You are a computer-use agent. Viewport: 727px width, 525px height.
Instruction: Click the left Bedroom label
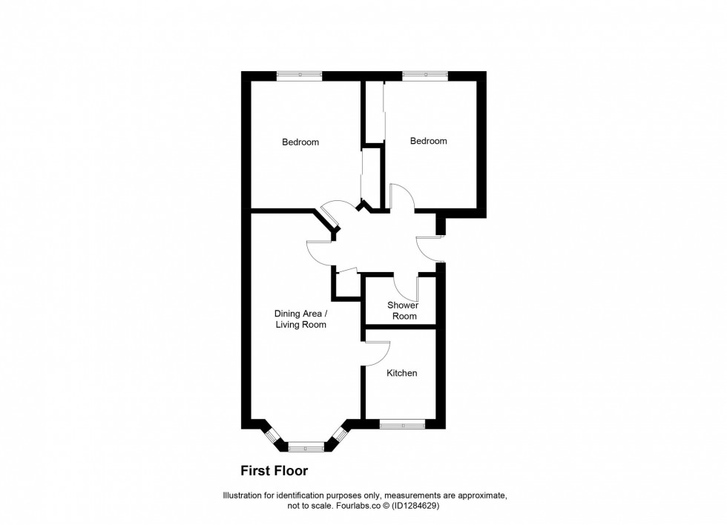pyautogui.click(x=300, y=142)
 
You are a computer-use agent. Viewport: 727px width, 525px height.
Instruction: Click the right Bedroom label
pyautogui.click(x=429, y=141)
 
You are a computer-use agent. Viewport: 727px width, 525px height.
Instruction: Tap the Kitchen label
pyautogui.click(x=401, y=373)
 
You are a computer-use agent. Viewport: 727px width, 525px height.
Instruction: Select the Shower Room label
pyautogui.click(x=403, y=311)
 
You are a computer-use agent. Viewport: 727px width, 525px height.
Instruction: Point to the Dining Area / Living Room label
pyautogui.click(x=301, y=319)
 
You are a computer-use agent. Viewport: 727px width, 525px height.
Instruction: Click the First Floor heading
pyautogui.click(x=274, y=470)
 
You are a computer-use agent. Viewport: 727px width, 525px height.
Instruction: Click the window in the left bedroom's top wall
pyautogui.click(x=300, y=75)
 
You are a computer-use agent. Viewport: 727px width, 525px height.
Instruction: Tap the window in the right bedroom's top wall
pyautogui.click(x=425, y=75)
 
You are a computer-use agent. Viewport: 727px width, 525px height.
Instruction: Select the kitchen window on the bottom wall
pyautogui.click(x=402, y=424)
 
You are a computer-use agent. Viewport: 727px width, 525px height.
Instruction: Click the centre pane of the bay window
pyautogui.click(x=306, y=446)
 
